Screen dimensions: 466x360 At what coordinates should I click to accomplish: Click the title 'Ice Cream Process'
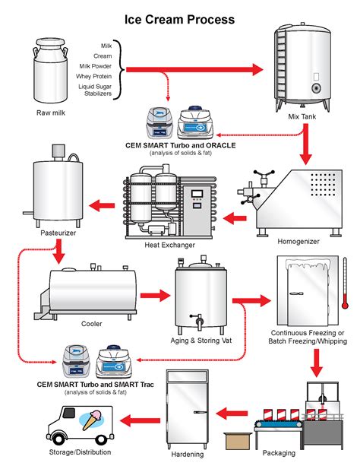click(x=179, y=18)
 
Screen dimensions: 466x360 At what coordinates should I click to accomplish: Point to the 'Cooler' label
click(x=92, y=323)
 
